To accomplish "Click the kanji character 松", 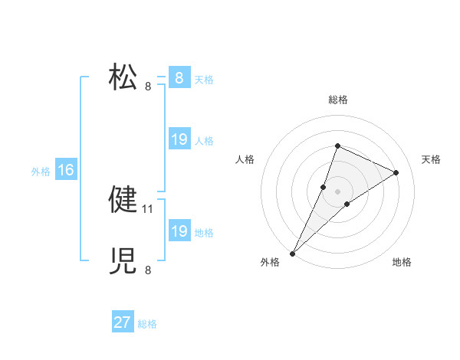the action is coord(123,78).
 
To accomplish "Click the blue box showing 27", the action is coord(123,322).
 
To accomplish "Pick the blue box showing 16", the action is coord(66,170).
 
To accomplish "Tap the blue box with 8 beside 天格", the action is coord(179,78).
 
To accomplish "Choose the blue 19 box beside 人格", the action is coord(179,139).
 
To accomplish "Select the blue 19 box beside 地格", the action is coord(179,231).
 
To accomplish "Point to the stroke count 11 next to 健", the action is coord(149,208).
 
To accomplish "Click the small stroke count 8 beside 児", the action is coord(148,270).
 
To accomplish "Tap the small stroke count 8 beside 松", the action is coord(148,86).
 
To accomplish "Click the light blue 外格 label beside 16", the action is coord(41,172).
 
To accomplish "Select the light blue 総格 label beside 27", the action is coord(147,324).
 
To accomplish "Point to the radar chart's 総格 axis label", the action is coord(337,100).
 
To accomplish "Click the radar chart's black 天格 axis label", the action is coord(431,159).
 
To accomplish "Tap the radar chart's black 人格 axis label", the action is coord(245,159).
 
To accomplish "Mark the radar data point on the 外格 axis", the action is coord(293,253).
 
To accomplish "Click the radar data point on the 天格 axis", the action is coord(396,172).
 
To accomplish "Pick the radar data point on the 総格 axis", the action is coord(337,146).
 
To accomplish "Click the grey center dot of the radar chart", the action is coord(337,191).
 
